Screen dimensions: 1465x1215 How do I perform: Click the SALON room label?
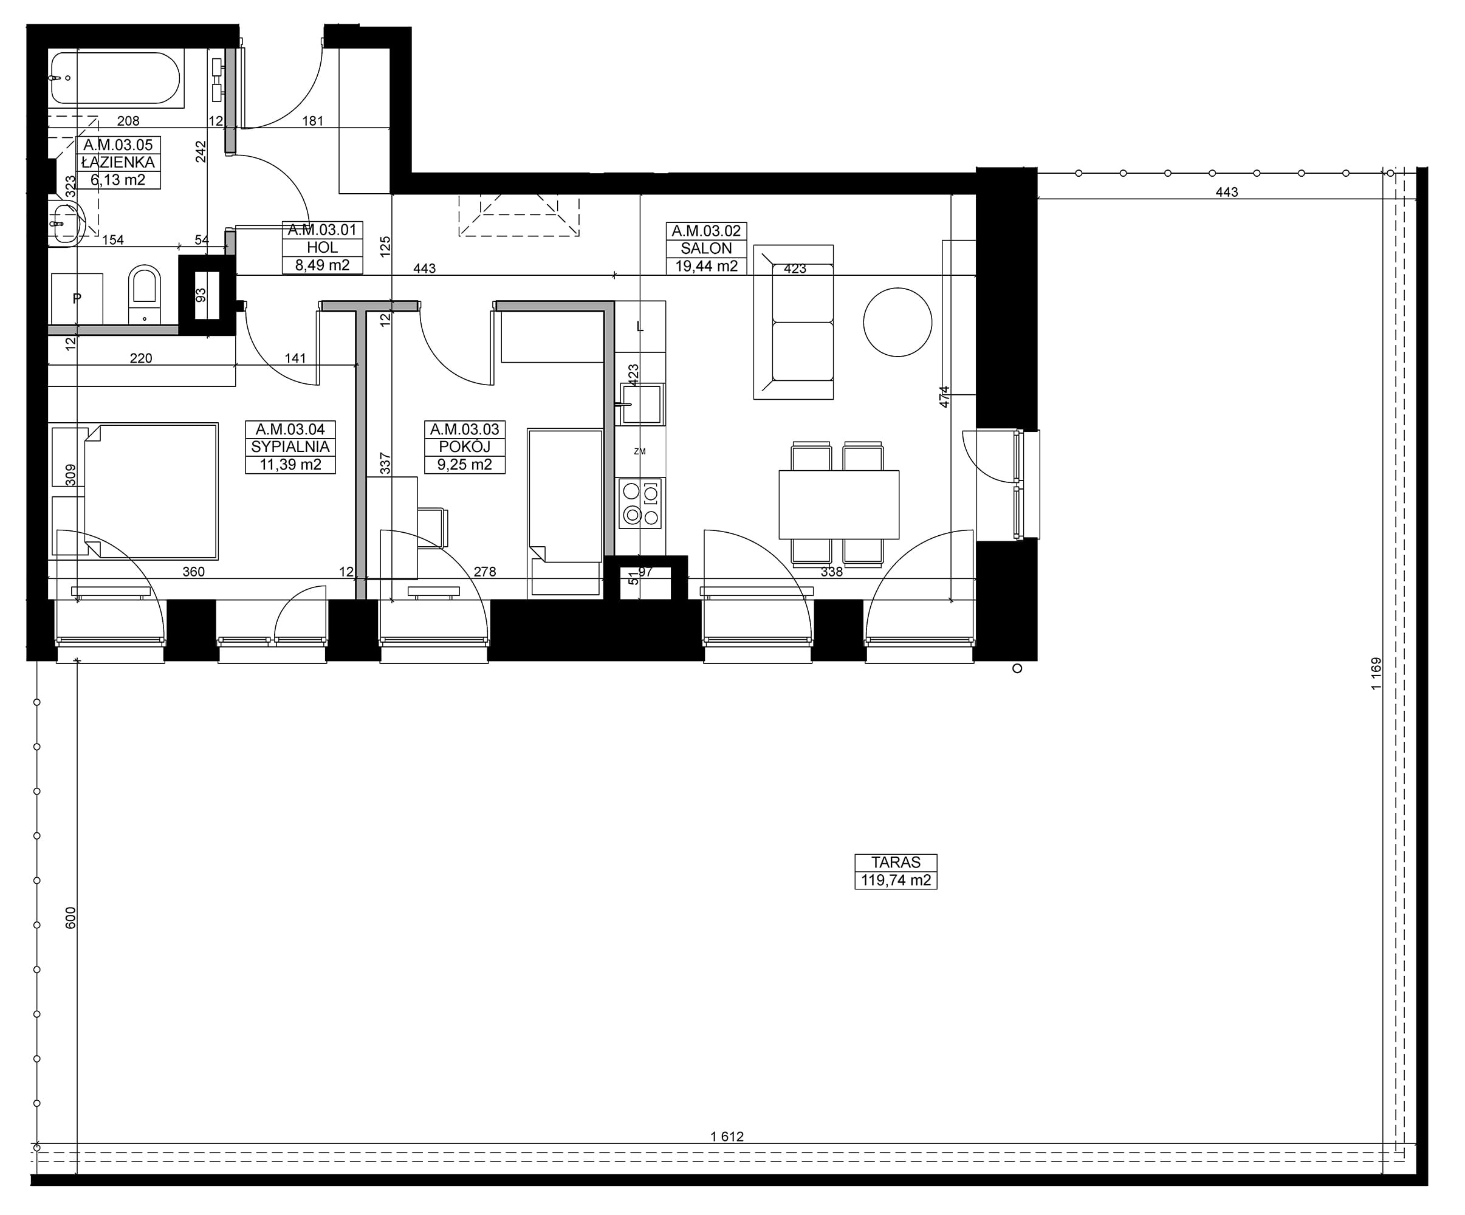point(706,248)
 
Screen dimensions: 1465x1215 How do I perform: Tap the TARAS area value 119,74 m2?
point(896,880)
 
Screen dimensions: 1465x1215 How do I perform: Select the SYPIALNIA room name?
point(290,447)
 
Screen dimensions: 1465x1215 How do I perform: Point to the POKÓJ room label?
point(465,447)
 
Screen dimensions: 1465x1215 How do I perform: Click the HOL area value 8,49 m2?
point(322,265)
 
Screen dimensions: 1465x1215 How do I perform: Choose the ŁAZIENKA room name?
point(118,163)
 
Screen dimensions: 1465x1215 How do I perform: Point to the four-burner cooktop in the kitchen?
point(640,504)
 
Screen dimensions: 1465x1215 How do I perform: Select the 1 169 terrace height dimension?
point(1376,673)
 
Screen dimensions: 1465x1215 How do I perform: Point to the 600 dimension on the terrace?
point(70,918)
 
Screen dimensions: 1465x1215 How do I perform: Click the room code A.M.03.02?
point(706,231)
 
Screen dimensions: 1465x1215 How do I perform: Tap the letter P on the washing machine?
point(77,298)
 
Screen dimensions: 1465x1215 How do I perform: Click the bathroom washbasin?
point(66,222)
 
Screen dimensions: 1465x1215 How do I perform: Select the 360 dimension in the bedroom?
point(193,572)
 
